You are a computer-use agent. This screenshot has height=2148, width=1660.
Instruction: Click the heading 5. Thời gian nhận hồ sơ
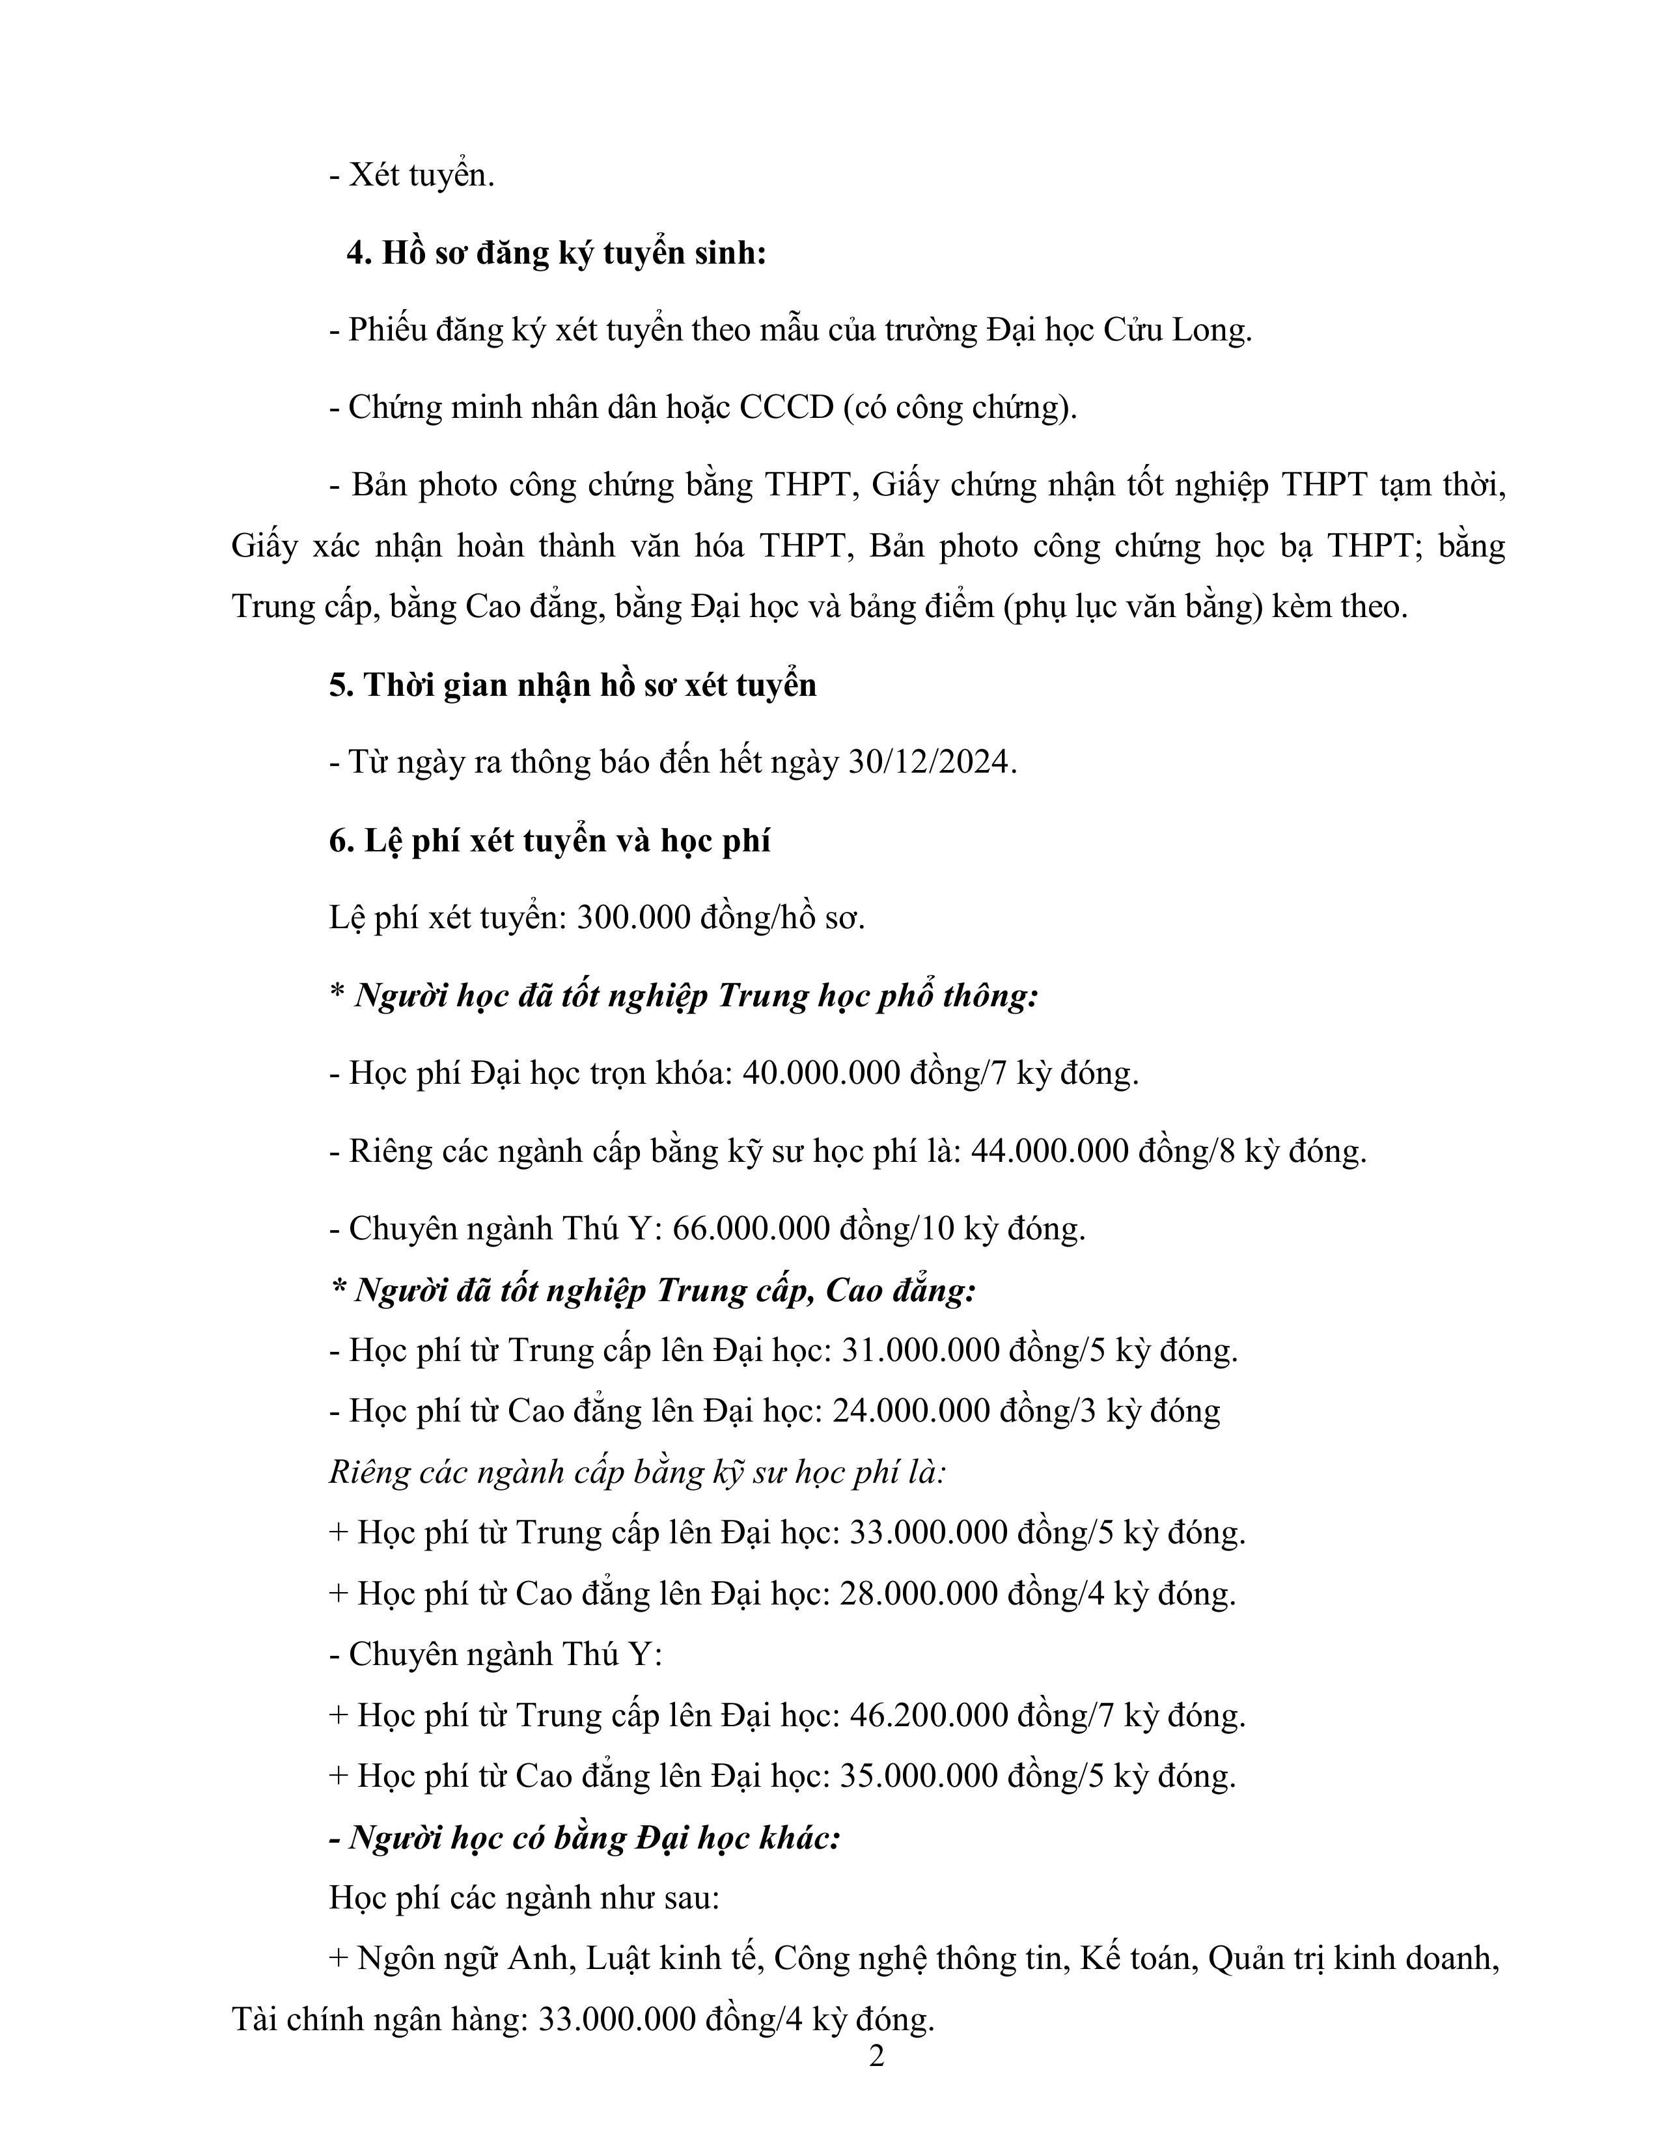pyautogui.click(x=572, y=685)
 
